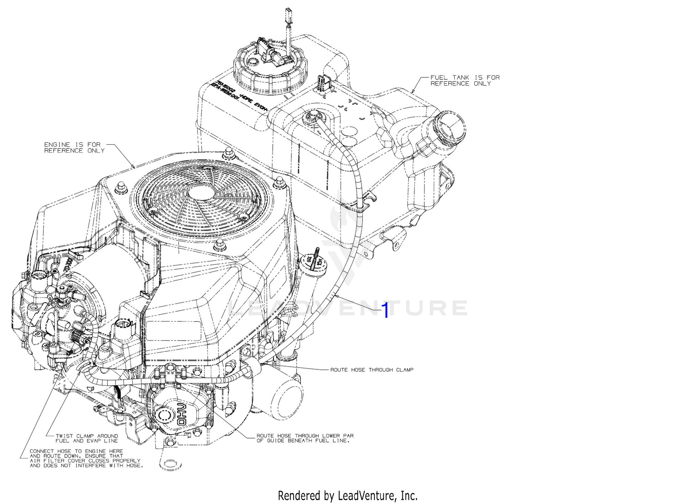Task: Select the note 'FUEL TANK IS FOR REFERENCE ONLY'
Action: click(x=464, y=81)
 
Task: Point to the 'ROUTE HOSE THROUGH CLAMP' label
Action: click(x=372, y=370)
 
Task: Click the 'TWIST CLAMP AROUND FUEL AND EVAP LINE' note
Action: click(x=87, y=439)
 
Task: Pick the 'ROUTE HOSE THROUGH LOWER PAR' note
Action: click(x=305, y=438)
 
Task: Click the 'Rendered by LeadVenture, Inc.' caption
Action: click(x=348, y=496)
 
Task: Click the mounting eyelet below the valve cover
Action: click(x=170, y=464)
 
